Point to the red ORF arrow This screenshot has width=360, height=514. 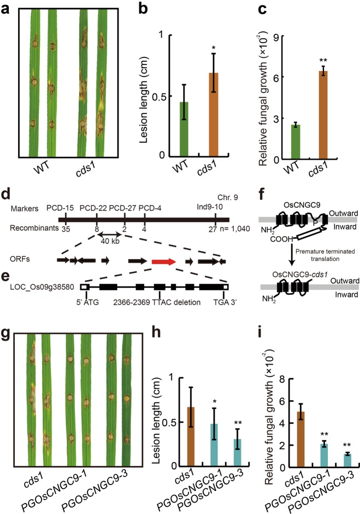[x=164, y=262]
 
